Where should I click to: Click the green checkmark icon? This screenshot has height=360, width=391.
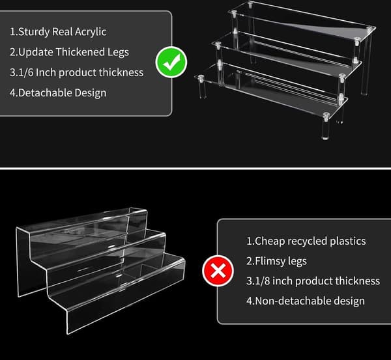tap(171, 62)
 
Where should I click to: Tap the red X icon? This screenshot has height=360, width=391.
tap(218, 271)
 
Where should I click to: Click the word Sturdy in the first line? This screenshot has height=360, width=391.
tap(34, 32)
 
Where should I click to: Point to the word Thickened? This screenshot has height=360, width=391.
tap(80, 52)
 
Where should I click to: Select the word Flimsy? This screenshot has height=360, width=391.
tap(270, 261)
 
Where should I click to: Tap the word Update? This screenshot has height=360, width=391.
tap(36, 52)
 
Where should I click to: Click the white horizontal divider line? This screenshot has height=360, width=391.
tap(195, 169)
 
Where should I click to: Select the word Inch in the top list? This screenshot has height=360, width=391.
tap(46, 72)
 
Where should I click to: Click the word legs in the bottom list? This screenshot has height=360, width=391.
tap(297, 261)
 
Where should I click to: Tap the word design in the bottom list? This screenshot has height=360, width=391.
tap(349, 301)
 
